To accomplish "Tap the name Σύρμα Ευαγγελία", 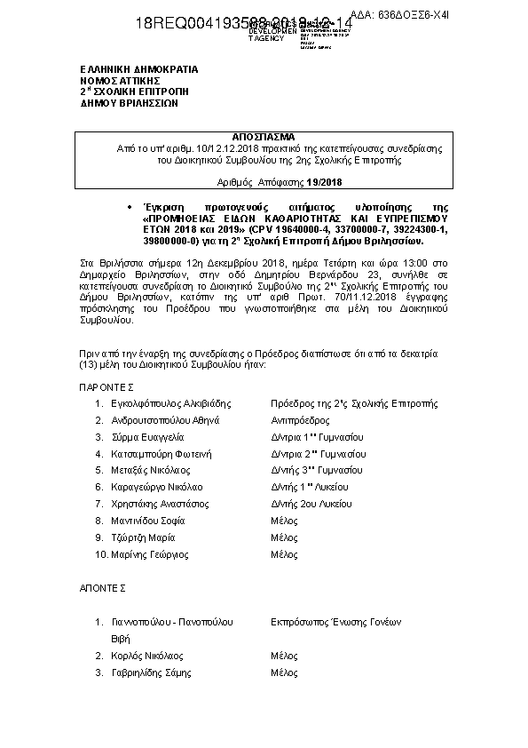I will pyautogui.click(x=146, y=437).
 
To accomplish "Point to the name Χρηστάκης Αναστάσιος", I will pyautogui.click(x=158, y=504).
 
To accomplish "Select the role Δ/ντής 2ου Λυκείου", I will pyautogui.click(x=309, y=504).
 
